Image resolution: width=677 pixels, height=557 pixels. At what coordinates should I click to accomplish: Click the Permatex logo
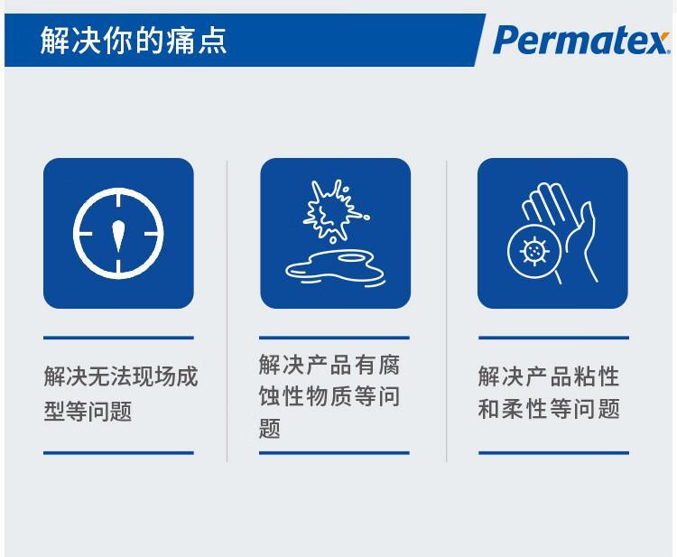(x=581, y=40)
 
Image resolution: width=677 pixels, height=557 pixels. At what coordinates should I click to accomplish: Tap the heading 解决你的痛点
(x=134, y=41)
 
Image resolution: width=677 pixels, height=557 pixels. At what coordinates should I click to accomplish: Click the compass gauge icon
(x=118, y=233)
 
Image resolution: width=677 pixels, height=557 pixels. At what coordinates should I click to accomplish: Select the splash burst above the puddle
(x=335, y=210)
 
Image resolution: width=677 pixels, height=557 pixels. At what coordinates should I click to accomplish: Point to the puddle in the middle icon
(x=335, y=268)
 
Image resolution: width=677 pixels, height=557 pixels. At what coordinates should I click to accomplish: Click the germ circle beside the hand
(x=534, y=251)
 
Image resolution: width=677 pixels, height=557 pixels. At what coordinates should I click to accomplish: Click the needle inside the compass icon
(x=118, y=237)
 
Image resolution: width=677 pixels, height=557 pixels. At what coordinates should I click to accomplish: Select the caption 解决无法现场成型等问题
(x=120, y=394)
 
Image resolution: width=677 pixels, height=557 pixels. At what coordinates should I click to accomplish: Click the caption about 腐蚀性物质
(x=329, y=396)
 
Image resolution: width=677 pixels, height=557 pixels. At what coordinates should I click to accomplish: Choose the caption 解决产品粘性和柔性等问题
(x=549, y=393)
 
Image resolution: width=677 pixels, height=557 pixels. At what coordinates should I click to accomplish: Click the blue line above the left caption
(x=118, y=338)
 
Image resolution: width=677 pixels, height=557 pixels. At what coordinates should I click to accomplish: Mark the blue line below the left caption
(x=118, y=453)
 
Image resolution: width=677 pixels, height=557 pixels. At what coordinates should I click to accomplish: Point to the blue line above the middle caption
(x=334, y=338)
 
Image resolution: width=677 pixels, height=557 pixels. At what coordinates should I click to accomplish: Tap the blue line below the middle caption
(x=334, y=453)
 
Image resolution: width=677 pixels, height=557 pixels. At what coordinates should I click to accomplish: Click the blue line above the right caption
(x=553, y=338)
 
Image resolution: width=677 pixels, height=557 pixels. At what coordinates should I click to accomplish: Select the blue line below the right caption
(x=553, y=453)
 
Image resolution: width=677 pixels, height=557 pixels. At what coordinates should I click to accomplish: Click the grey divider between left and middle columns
(x=227, y=311)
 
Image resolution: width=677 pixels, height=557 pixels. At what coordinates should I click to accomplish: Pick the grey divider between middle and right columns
(x=447, y=311)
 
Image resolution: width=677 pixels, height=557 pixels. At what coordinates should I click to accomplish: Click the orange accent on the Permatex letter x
(x=664, y=35)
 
